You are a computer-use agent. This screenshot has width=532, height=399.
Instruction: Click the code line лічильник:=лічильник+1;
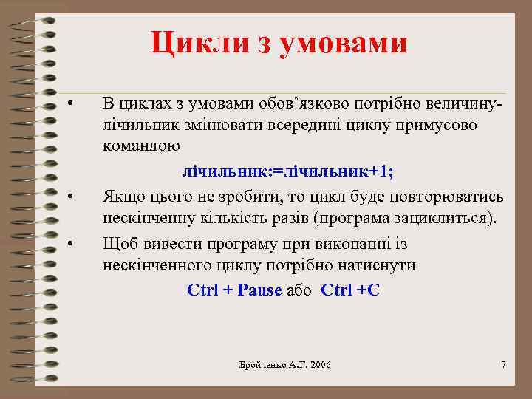point(288,171)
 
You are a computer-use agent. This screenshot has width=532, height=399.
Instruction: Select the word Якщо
point(124,197)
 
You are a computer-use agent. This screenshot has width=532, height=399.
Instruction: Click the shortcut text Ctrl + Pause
point(235,290)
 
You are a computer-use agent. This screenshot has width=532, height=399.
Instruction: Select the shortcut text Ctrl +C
point(350,290)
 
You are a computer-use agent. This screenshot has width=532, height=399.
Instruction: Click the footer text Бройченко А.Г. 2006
point(286,365)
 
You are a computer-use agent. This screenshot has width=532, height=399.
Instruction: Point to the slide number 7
point(503,365)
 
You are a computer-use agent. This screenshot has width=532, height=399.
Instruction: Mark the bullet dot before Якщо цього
point(69,196)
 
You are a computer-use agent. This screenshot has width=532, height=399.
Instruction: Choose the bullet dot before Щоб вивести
point(69,243)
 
